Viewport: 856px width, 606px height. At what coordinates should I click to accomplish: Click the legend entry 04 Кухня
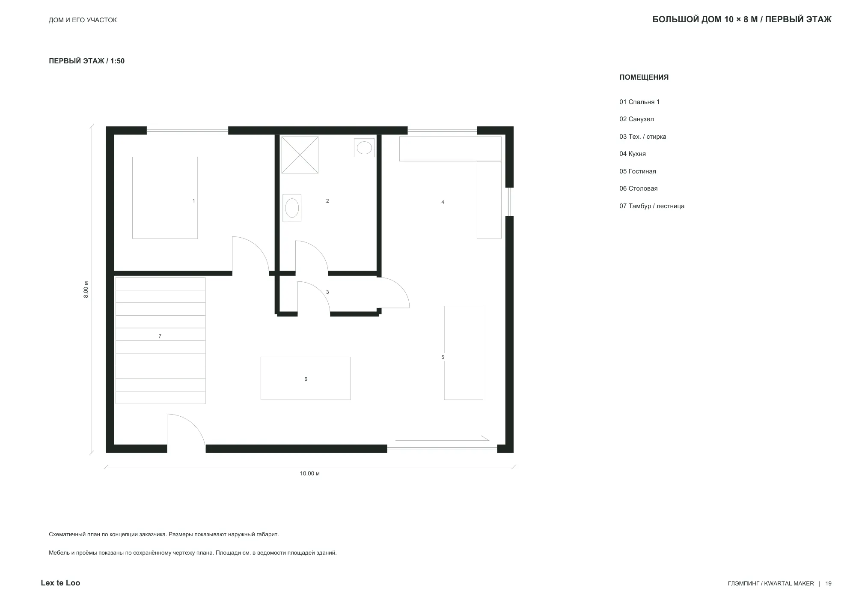(632, 154)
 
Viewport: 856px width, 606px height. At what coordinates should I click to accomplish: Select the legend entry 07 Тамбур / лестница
(652, 206)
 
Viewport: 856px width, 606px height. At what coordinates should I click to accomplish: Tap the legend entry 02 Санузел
(636, 119)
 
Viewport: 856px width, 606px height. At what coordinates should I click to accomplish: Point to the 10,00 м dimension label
(309, 474)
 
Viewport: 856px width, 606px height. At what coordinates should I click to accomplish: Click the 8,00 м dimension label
(86, 290)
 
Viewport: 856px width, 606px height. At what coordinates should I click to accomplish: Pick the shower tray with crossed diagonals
(300, 155)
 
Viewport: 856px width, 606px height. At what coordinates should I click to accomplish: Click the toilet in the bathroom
(292, 208)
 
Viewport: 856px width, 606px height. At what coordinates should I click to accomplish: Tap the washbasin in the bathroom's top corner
(364, 148)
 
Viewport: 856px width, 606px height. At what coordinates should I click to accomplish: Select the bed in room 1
(165, 198)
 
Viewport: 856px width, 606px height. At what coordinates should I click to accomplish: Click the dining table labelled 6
(306, 379)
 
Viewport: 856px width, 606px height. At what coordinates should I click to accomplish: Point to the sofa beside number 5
(464, 353)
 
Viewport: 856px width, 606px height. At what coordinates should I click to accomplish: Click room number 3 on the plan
(327, 292)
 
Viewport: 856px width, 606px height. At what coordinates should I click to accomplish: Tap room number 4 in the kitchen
(443, 202)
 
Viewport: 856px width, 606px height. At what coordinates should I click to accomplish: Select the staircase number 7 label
(160, 336)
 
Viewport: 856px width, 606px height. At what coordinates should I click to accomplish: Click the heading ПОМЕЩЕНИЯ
(644, 78)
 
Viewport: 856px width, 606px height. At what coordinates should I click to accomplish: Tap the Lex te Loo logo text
(60, 583)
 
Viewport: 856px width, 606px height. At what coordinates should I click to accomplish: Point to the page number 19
(828, 583)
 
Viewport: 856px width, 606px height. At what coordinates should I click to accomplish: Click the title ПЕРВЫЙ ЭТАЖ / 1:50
(86, 61)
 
